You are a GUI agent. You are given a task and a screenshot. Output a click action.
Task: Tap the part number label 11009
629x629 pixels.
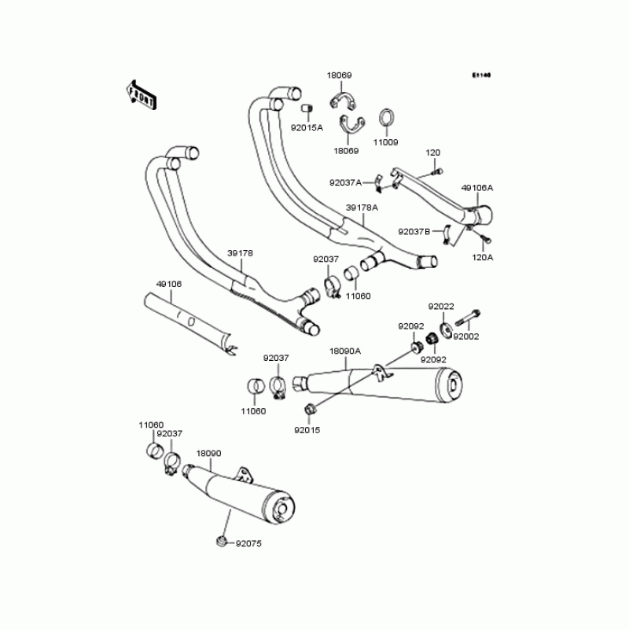tap(385, 142)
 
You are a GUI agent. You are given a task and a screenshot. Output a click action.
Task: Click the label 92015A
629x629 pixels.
tap(307, 127)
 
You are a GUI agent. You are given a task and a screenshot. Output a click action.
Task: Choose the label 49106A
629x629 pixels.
tap(477, 188)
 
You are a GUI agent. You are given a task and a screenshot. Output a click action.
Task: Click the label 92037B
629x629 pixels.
tap(414, 231)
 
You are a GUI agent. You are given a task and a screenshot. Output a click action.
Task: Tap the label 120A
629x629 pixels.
tap(483, 257)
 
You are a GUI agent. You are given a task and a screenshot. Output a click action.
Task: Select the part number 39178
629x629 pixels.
tap(241, 253)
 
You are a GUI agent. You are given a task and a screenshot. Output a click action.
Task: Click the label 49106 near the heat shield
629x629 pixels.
tap(168, 284)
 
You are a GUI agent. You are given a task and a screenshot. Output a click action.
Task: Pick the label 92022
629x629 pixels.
tap(441, 306)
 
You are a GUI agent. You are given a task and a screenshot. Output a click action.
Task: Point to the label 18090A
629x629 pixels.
tap(345, 351)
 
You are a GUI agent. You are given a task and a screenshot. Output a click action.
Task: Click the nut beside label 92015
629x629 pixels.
tap(309, 409)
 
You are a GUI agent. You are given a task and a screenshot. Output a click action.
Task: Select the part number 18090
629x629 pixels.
tap(208, 454)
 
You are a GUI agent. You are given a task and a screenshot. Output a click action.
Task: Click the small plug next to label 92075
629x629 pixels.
tap(222, 540)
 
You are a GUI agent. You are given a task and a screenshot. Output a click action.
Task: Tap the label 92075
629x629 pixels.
tap(248, 543)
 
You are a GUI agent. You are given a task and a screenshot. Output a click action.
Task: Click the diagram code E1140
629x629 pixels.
tap(481, 76)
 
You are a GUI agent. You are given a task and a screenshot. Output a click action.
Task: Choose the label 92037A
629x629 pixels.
tap(346, 182)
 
